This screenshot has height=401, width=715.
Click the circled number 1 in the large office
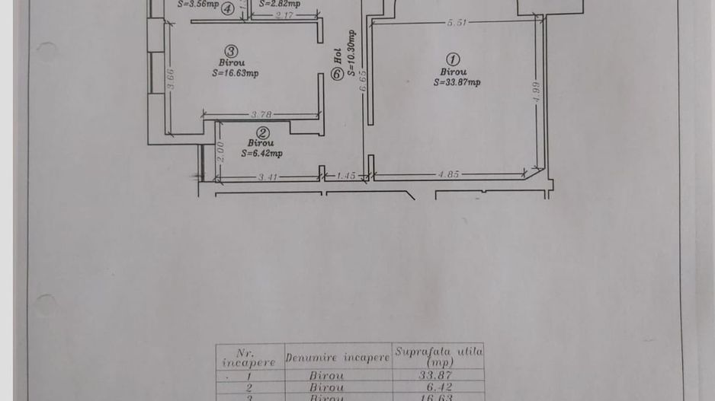pyautogui.click(x=453, y=59)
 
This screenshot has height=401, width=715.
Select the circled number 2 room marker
pyautogui.click(x=261, y=132)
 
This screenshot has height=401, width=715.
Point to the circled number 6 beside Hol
pyautogui.click(x=337, y=75)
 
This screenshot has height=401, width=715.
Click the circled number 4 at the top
pyautogui.click(x=227, y=9)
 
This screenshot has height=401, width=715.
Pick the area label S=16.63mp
pyautogui.click(x=236, y=74)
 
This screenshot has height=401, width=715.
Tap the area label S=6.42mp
pyautogui.click(x=261, y=153)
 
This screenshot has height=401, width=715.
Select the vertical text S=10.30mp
pyautogui.click(x=351, y=54)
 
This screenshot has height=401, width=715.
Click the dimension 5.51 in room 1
pyautogui.click(x=457, y=23)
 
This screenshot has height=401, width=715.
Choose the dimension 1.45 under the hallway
pyautogui.click(x=345, y=176)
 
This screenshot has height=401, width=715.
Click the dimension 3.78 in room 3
pyautogui.click(x=261, y=115)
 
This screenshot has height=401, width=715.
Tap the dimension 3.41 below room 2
pyautogui.click(x=266, y=177)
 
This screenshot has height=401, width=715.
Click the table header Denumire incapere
pyautogui.click(x=337, y=357)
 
